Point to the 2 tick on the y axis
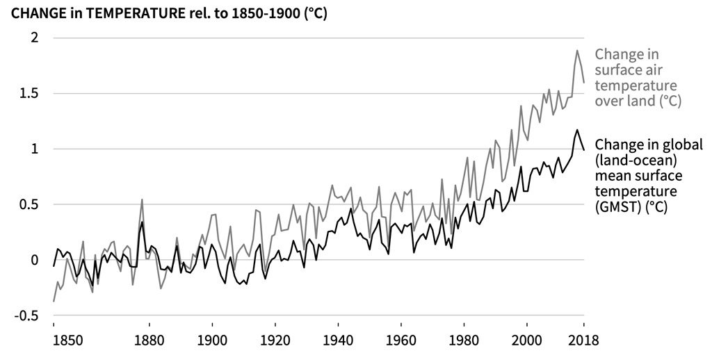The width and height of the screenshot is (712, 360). (33, 38)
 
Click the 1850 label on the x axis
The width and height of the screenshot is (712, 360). (54, 341)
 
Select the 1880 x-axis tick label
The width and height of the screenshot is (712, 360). (148, 341)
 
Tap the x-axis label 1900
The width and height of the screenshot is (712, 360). (211, 341)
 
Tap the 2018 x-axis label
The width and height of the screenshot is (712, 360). (583, 341)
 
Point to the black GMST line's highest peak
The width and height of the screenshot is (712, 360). (577, 129)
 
